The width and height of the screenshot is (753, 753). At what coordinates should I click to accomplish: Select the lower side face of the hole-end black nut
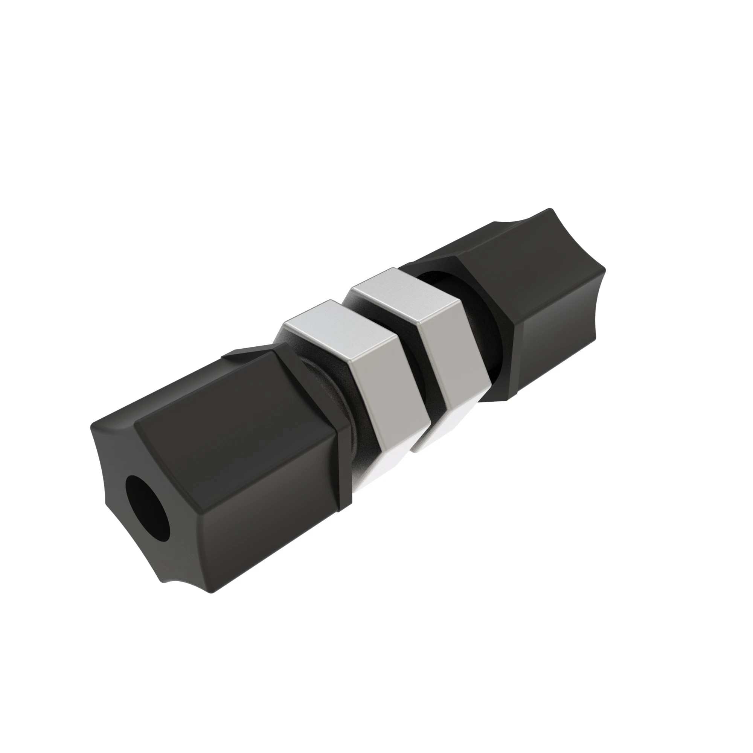click(x=265, y=526)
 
